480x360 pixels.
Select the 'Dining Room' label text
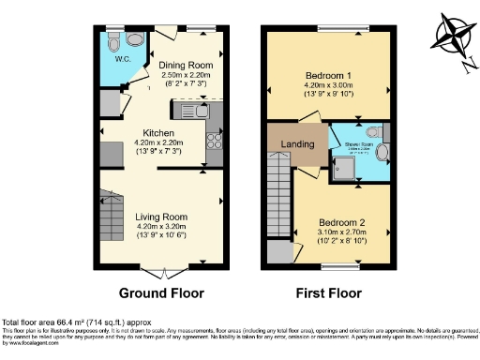point(185,65)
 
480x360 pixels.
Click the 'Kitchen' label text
point(160,133)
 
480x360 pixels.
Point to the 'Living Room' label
point(159,215)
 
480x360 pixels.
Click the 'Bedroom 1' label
point(326,76)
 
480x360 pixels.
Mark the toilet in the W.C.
point(113,42)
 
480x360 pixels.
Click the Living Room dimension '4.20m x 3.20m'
point(159,225)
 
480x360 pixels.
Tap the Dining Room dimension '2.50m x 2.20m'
point(185,75)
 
